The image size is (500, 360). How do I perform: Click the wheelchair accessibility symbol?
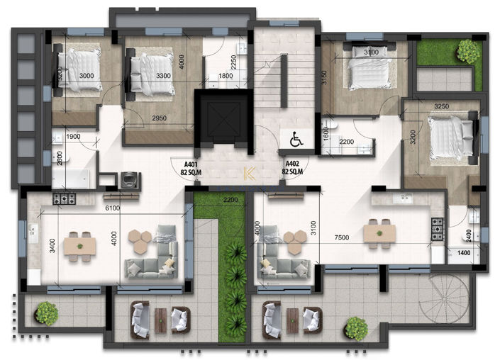click(296, 140)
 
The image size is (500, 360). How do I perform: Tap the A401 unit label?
click(189, 167)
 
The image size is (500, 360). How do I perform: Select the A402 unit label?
click(293, 167)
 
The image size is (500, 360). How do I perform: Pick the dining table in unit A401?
click(80, 244)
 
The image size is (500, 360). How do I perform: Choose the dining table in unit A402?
click(377, 232)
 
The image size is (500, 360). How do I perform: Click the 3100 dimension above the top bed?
click(370, 52)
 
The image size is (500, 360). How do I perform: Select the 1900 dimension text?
click(72, 137)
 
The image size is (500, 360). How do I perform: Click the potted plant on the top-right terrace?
click(467, 50)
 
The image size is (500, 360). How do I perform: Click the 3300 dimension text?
click(162, 74)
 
